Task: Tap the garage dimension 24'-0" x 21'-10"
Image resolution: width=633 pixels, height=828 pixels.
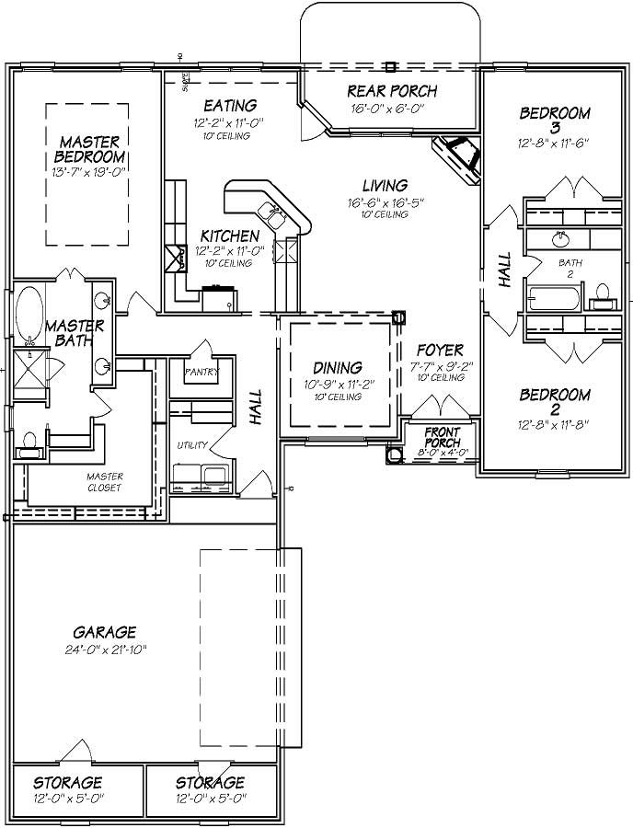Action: (105, 650)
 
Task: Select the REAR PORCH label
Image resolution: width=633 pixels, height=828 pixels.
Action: (391, 91)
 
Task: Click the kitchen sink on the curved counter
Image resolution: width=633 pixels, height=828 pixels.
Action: (274, 213)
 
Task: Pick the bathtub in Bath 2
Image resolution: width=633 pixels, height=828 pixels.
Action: (554, 299)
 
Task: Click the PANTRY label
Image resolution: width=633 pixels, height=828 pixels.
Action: (202, 373)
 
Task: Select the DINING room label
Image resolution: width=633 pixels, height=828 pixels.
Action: (337, 368)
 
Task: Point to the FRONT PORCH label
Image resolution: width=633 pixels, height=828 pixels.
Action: (443, 437)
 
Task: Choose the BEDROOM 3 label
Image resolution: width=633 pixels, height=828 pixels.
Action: (554, 120)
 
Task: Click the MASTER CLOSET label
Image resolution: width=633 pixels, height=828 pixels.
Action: (105, 482)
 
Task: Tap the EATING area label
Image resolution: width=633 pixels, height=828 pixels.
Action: (229, 106)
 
